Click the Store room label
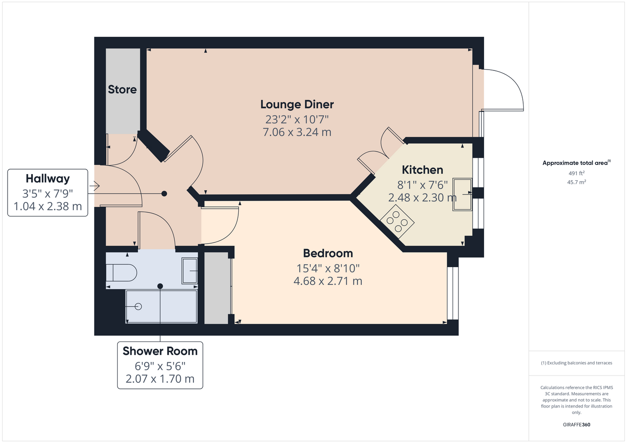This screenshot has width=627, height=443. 122,89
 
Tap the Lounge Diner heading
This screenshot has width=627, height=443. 297,105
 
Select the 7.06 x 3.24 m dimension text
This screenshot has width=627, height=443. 297,132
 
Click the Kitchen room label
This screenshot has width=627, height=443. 422,170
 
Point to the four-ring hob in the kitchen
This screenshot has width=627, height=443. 397,221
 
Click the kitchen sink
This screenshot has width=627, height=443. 462,194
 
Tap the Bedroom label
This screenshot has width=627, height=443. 328,253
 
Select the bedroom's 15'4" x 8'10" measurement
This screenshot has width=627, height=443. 328,268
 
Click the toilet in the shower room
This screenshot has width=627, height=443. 121,272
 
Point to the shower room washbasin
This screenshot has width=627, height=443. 189,271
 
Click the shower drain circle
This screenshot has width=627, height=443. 138,307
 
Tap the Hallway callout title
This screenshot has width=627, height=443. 47,179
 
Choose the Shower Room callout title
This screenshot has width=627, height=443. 160,351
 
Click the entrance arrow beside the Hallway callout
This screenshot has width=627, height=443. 95,186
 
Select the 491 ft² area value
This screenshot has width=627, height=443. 576,173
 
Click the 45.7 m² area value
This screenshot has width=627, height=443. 576,182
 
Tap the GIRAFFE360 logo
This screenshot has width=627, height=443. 576,424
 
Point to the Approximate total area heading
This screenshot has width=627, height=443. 576,163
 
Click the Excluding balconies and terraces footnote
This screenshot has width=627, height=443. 576,363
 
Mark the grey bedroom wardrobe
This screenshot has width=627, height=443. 217,288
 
